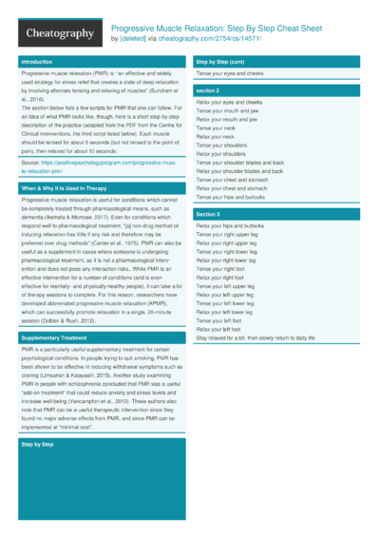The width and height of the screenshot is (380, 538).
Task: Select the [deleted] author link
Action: point(136,39)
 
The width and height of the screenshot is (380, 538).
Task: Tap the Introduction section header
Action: point(38,62)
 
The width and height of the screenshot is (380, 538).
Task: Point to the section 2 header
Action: point(208,89)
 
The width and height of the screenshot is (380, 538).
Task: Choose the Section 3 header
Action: point(208,215)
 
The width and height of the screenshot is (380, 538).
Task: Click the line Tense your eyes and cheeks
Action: point(229,73)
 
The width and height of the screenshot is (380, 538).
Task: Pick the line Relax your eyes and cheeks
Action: point(229,101)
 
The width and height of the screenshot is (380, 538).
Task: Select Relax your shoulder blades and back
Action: point(241,170)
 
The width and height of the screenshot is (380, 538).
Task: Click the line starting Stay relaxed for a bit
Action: point(255,336)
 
